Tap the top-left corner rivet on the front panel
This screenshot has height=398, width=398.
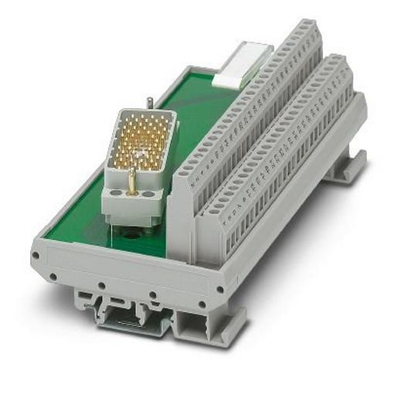click(36, 253)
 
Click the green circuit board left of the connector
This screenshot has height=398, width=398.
click(77, 209)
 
